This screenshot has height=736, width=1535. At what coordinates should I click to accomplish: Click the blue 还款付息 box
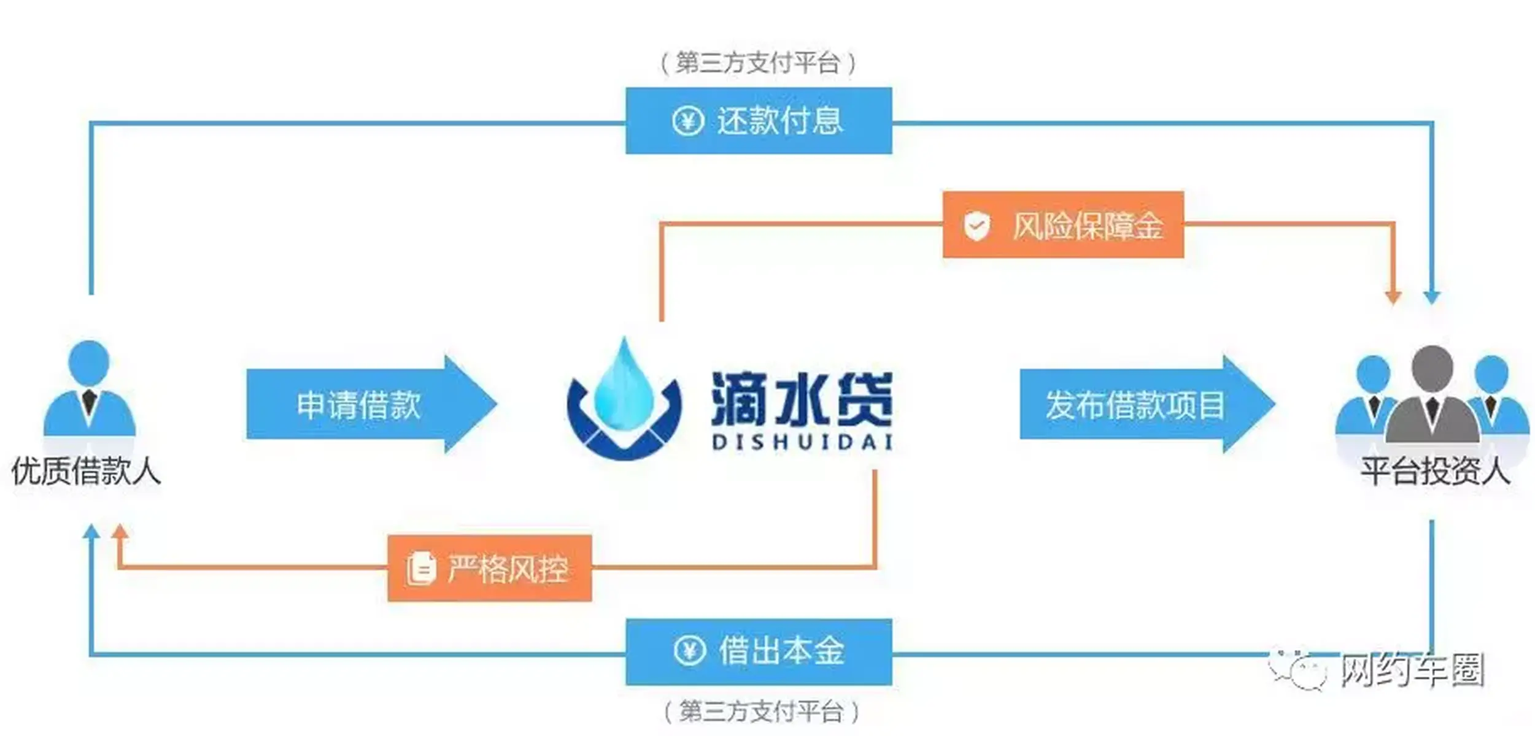click(x=759, y=121)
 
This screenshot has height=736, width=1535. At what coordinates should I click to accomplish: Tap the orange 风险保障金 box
click(x=1063, y=225)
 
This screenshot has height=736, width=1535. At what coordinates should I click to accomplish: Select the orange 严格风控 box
click(x=490, y=569)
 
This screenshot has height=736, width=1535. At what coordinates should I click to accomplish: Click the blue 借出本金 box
click(x=759, y=651)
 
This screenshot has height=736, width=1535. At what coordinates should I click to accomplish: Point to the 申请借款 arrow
click(x=368, y=405)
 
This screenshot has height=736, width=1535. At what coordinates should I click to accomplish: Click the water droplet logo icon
click(x=624, y=399)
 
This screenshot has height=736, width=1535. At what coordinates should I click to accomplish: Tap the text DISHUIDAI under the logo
click(x=802, y=443)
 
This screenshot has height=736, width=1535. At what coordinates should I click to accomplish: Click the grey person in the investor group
click(x=1432, y=396)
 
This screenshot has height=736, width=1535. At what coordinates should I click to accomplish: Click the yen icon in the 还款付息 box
click(x=687, y=121)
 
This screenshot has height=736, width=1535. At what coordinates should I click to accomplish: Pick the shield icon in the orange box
click(x=976, y=226)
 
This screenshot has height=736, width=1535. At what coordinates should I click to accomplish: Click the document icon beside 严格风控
click(x=421, y=569)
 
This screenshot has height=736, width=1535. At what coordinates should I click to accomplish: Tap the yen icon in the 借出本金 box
click(x=689, y=651)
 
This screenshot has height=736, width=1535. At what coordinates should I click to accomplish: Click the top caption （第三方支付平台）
click(x=759, y=63)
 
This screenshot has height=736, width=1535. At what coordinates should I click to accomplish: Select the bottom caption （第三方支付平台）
click(x=761, y=711)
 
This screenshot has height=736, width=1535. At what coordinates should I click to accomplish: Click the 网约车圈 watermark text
click(x=1412, y=670)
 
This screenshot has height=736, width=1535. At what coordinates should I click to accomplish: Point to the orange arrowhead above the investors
click(x=1393, y=297)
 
